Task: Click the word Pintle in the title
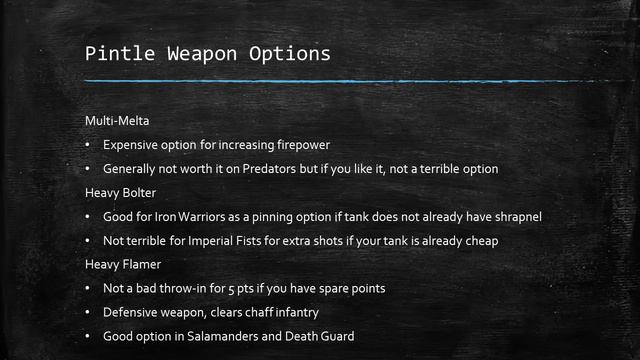tap(115, 52)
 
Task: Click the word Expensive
tap(132, 145)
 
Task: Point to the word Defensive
tap(132, 313)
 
